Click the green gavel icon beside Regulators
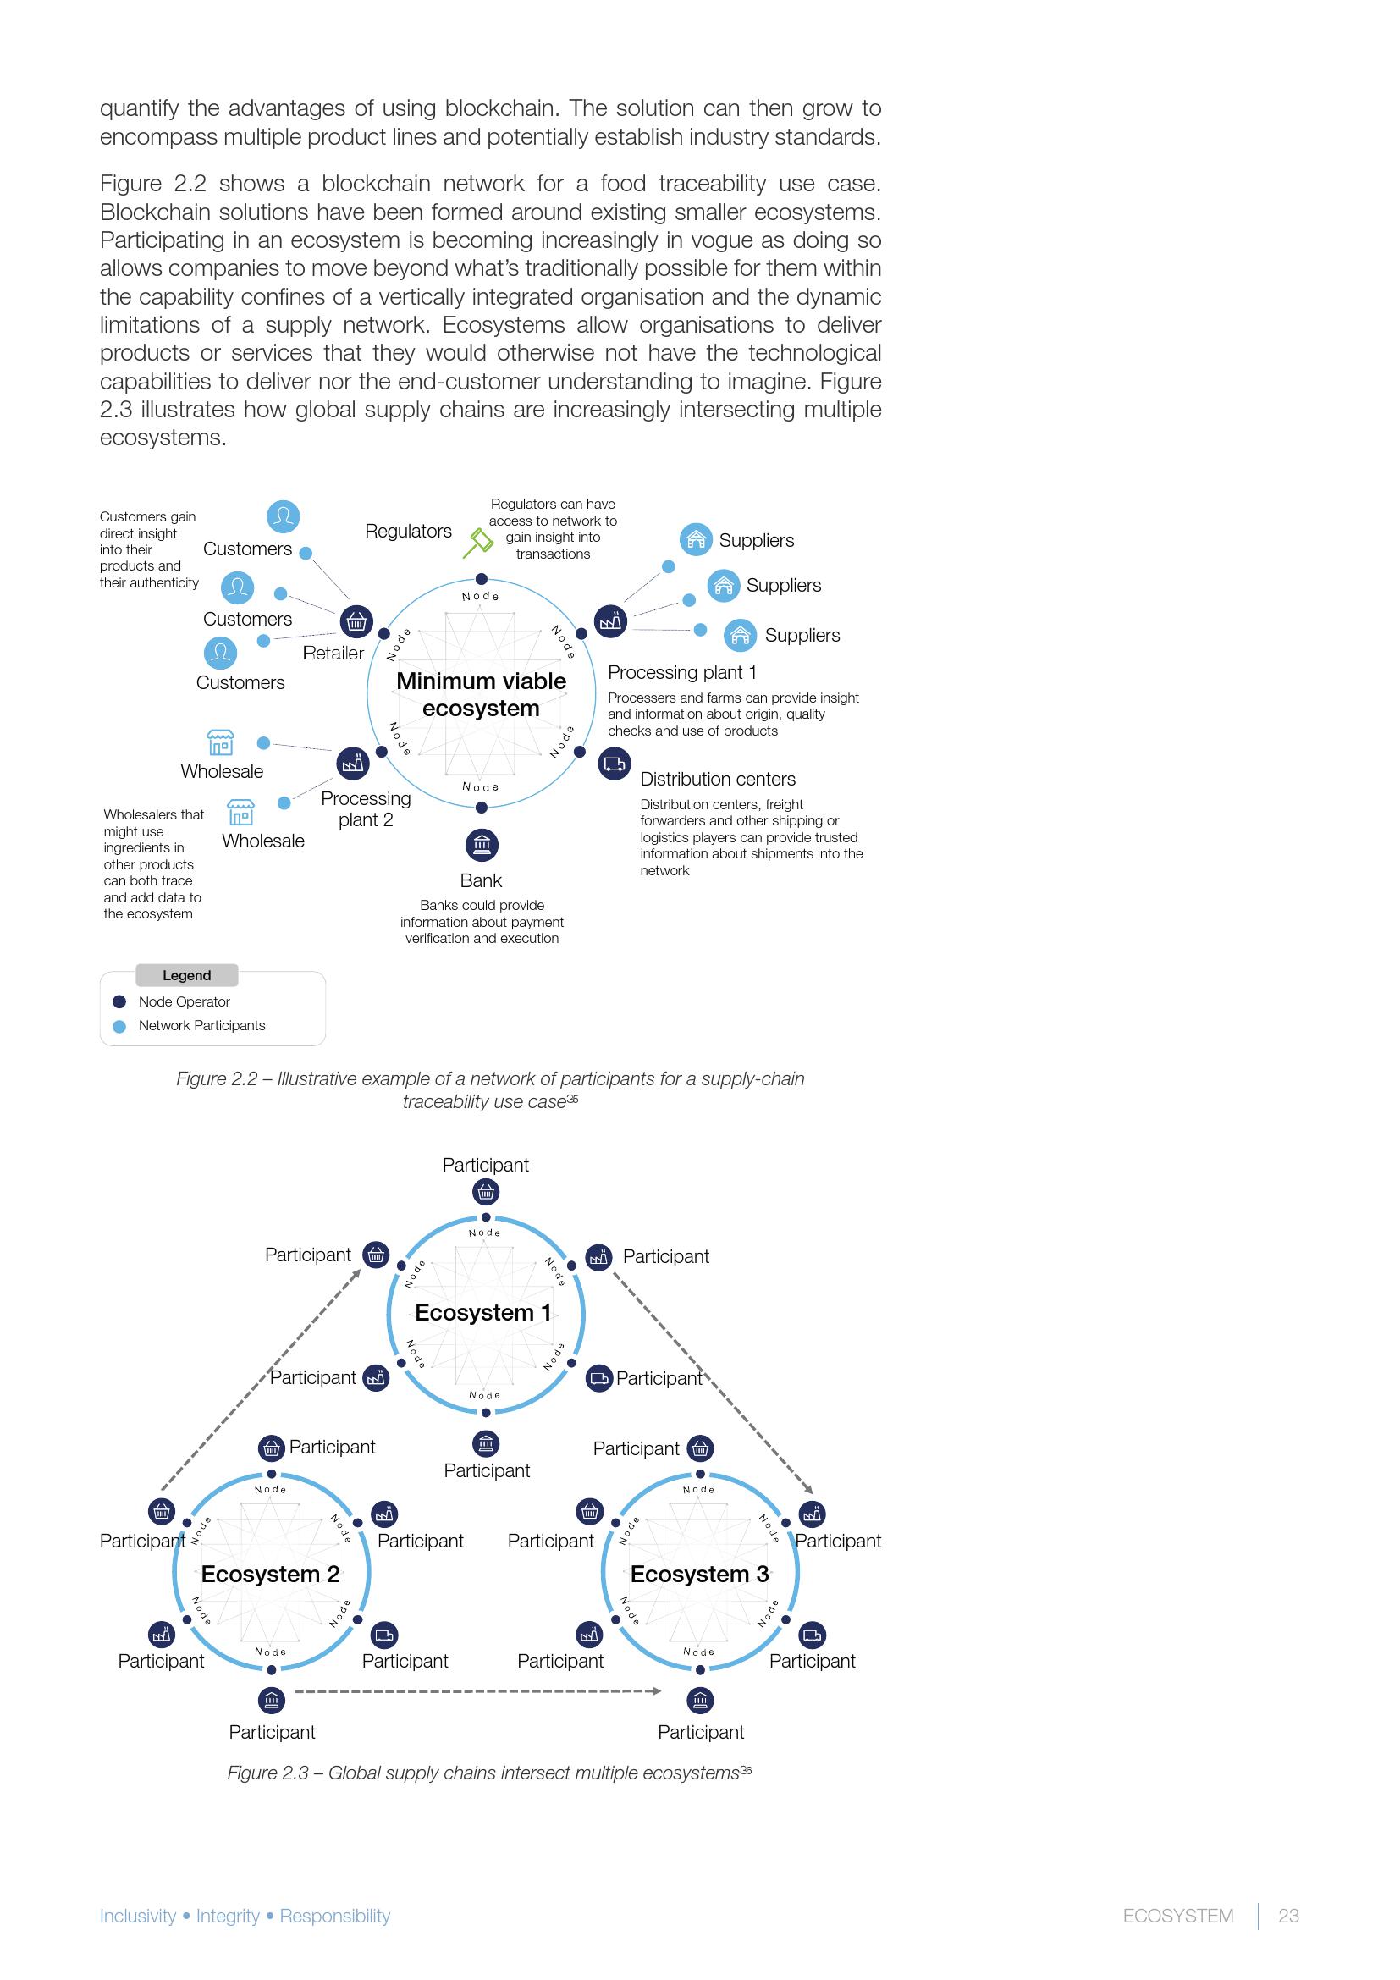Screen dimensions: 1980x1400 (477, 542)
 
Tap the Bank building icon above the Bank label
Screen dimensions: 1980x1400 (482, 845)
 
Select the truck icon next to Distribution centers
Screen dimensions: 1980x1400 (614, 764)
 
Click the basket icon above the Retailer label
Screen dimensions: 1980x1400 (356, 620)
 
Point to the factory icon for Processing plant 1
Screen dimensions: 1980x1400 (610, 620)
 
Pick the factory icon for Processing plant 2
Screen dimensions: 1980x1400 (352, 764)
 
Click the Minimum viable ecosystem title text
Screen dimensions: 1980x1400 (481, 694)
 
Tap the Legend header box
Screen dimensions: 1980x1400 (187, 975)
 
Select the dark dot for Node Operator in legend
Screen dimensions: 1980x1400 (120, 1002)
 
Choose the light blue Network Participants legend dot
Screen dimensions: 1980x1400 (120, 1026)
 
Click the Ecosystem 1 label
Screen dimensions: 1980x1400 (482, 1314)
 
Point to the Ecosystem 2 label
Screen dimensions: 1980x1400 (270, 1575)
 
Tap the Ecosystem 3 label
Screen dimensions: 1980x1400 (699, 1575)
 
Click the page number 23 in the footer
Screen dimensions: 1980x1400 (1288, 1917)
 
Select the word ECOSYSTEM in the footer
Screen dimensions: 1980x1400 (1177, 1917)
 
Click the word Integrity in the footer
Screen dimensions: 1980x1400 (228, 1917)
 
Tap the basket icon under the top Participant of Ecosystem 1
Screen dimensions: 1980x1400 (486, 1193)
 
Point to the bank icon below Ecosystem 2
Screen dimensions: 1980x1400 (272, 1701)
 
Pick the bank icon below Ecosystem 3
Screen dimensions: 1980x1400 (700, 1701)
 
